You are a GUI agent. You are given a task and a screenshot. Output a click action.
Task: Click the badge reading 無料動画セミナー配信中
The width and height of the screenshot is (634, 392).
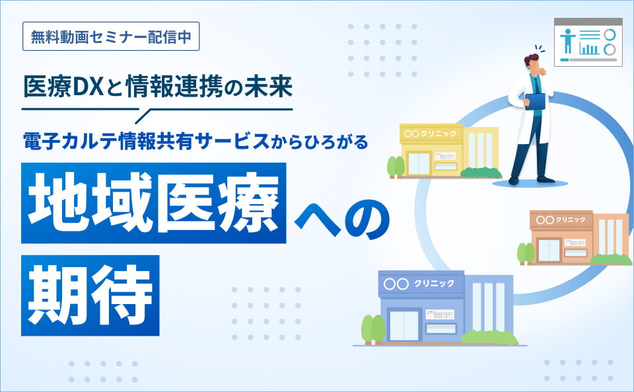tap(110, 37)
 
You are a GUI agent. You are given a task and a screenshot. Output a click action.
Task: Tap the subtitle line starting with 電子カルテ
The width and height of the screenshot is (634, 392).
tap(194, 141)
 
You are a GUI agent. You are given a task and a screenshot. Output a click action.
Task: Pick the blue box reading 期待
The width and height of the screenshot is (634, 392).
tap(90, 294)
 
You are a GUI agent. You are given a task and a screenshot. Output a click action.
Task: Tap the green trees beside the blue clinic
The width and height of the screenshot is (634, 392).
tap(372, 328)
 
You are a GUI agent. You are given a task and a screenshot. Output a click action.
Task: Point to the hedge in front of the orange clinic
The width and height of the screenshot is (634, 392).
tap(611, 259)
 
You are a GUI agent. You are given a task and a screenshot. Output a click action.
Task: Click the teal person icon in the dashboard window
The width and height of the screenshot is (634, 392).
tap(566, 42)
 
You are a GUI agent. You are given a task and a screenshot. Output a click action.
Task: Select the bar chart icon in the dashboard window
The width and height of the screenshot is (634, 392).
tap(590, 48)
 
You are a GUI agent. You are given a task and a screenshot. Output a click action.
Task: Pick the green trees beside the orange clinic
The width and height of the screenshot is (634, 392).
tap(526, 253)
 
